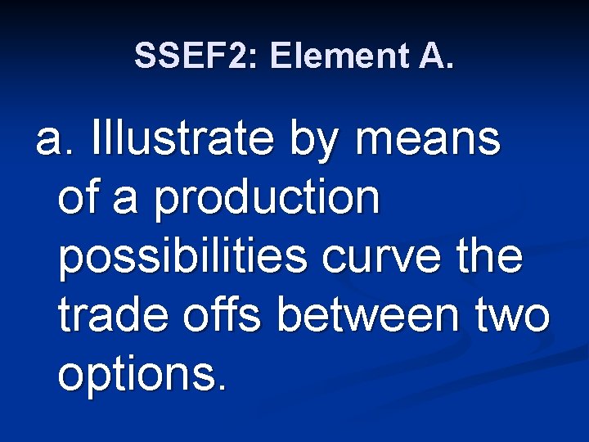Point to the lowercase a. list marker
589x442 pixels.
(56, 140)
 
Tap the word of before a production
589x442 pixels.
(79, 198)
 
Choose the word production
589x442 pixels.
(268, 198)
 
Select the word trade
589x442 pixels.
(110, 316)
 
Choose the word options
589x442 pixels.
(133, 375)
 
